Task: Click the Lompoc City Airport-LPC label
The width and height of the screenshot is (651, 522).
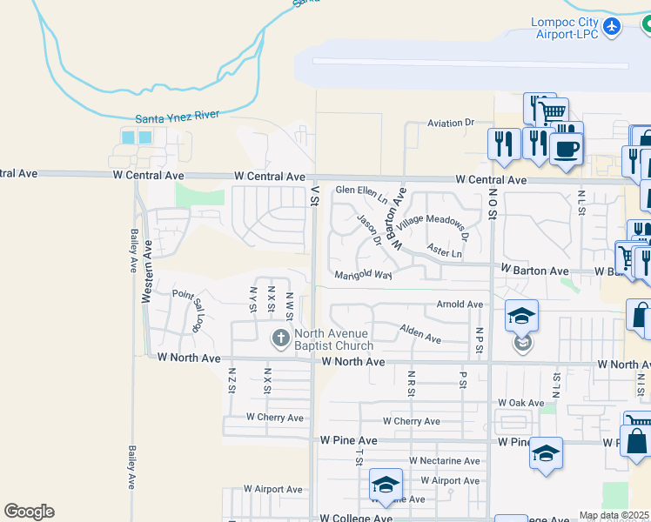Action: coord(566,28)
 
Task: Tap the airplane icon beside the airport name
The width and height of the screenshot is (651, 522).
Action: coord(612,27)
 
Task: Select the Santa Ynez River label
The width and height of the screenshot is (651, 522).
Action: coord(178,117)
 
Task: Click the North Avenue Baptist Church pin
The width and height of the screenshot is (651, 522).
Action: coord(280,338)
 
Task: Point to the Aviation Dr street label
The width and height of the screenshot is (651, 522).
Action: coord(450,124)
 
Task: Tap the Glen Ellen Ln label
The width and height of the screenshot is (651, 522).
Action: coord(361,189)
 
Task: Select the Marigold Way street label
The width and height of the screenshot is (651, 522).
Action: coord(364,275)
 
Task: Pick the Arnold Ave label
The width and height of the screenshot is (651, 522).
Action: coord(460,304)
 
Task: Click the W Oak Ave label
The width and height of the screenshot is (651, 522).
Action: coord(520,403)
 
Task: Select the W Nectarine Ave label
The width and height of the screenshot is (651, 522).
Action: coord(444,461)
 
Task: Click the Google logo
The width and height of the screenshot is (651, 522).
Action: coord(29,512)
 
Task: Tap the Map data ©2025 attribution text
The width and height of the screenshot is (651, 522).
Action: coord(614,515)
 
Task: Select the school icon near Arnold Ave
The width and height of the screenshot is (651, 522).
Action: coord(521,316)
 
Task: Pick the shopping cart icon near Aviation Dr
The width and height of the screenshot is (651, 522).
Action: coord(551,111)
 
